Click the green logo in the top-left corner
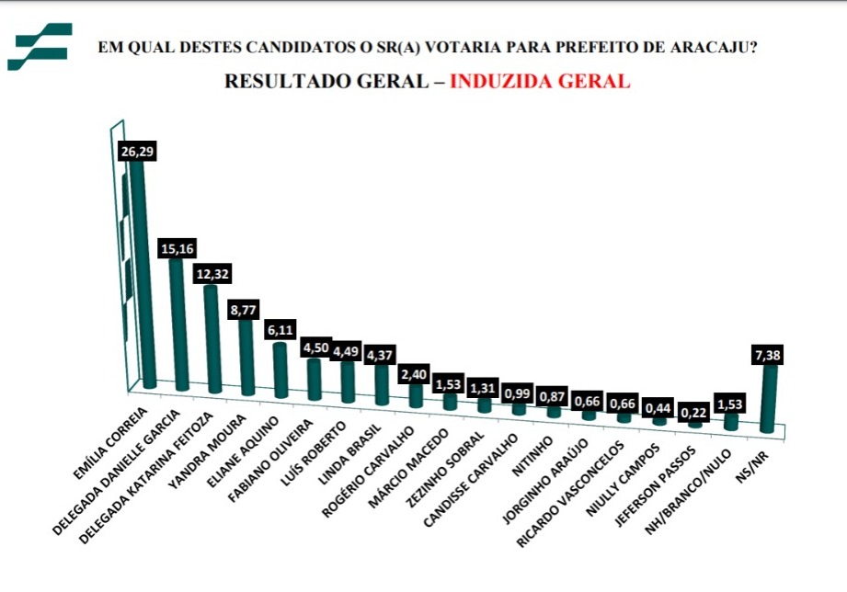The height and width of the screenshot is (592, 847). (39, 47)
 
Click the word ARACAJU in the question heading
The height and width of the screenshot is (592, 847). (718, 48)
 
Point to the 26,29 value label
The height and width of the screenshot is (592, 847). (136, 152)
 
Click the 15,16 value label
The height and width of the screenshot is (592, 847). (177, 248)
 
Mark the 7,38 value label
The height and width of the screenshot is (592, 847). (771, 354)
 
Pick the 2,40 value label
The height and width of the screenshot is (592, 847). (414, 375)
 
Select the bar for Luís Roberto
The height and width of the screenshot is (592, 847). (348, 381)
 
